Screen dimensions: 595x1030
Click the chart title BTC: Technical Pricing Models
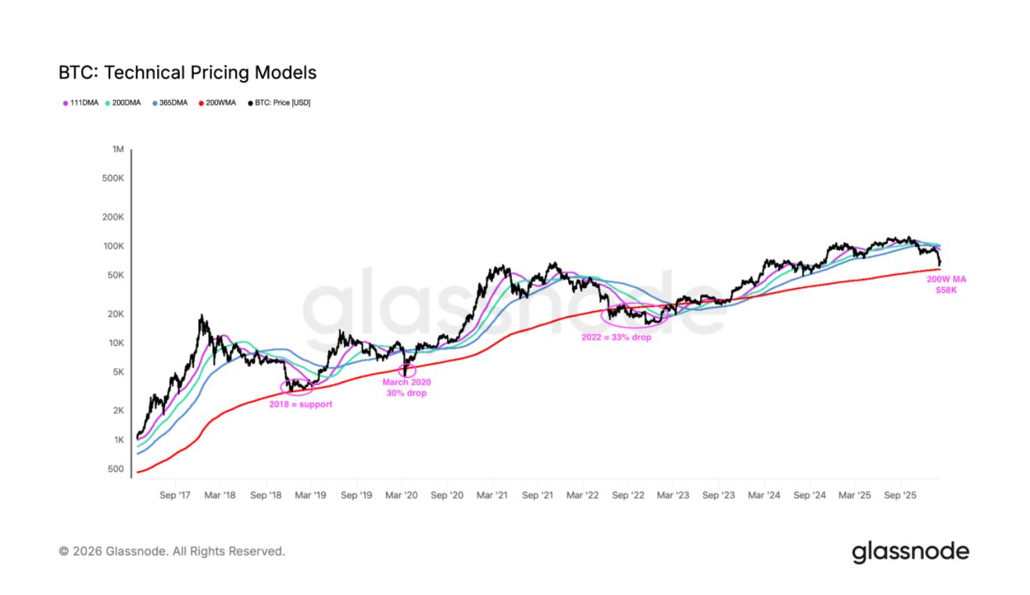click(x=188, y=73)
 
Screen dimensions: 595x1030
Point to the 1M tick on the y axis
click(x=118, y=149)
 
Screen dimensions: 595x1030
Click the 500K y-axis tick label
click(x=113, y=178)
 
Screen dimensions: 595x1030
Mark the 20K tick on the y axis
click(x=116, y=314)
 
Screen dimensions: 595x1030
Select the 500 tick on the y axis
click(x=116, y=469)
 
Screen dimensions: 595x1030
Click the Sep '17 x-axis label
click(x=175, y=495)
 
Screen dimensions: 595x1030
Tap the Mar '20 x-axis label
click(x=402, y=495)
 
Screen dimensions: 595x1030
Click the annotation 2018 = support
click(x=301, y=404)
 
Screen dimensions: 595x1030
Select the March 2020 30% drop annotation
click(x=406, y=388)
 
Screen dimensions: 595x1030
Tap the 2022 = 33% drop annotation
click(x=616, y=337)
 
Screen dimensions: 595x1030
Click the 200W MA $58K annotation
click(x=946, y=284)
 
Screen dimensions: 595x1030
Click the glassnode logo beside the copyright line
click(x=910, y=552)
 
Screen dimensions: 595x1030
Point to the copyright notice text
click(x=172, y=551)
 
